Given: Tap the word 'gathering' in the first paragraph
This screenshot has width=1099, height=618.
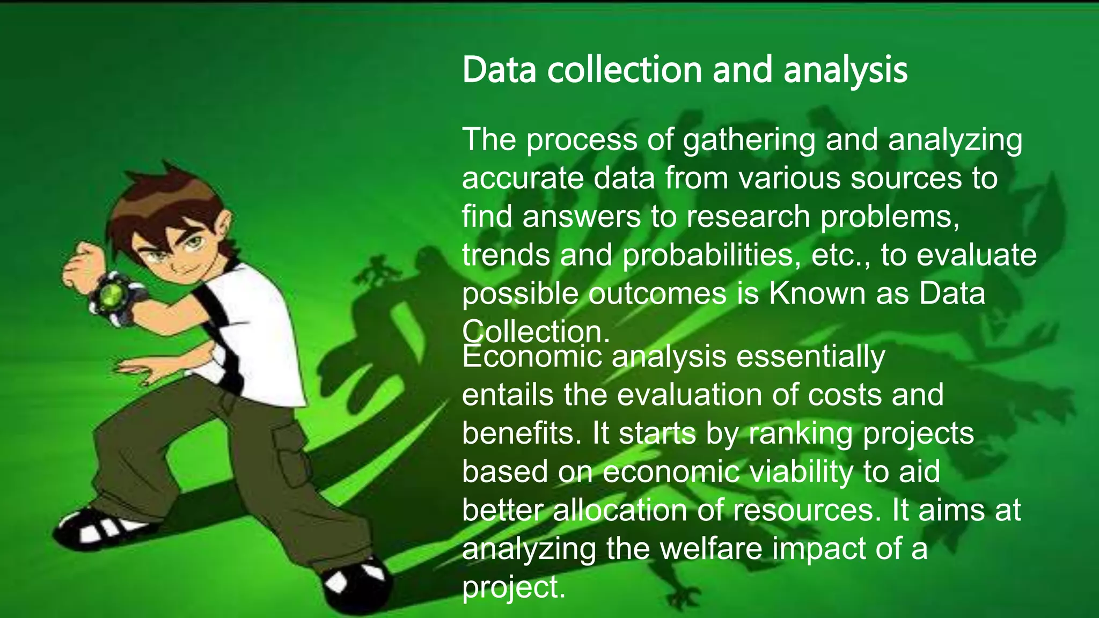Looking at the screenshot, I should [749, 139].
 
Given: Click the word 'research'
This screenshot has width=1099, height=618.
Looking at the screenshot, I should [748, 217].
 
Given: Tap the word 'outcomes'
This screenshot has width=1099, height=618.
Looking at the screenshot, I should [657, 293].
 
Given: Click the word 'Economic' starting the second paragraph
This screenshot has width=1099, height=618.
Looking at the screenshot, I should [531, 356].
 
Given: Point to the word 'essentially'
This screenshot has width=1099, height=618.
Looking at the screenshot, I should [810, 356].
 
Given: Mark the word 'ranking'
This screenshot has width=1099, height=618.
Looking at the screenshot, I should [800, 433].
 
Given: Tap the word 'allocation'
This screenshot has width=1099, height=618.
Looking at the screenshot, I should [620, 510].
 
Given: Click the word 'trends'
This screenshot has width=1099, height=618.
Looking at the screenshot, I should [506, 255].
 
